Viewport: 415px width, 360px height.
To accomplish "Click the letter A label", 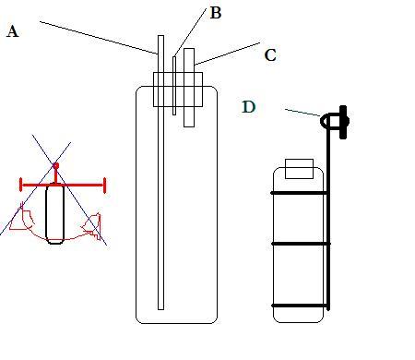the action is click(12, 31).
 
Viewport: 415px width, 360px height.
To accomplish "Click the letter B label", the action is click(216, 13).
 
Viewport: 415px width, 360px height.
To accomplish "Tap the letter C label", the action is click(270, 55).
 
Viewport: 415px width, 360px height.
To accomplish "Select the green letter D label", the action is click(249, 107).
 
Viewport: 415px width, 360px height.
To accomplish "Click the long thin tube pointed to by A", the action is click(160, 173).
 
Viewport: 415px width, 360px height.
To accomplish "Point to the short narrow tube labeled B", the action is click(174, 86).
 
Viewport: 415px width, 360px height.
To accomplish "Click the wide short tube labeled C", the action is click(189, 88).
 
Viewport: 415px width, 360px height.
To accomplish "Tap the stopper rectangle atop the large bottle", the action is click(178, 90).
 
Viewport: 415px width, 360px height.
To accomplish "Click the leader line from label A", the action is click(99, 38).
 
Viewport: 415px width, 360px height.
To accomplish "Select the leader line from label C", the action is click(228, 54).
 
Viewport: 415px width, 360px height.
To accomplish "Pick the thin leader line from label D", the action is click(302, 113).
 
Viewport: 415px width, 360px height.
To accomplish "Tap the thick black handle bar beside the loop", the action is click(343, 123).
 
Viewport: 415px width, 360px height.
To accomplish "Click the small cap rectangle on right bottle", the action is click(299, 169).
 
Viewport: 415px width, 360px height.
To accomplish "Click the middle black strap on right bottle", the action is click(301, 244).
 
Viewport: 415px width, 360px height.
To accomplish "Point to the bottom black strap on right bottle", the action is click(300, 306).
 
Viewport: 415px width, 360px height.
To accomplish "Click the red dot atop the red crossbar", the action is click(55, 166).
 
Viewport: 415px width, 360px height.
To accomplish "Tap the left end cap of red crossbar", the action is click(21, 185).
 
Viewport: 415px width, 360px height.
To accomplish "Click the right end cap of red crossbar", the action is click(104, 186).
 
